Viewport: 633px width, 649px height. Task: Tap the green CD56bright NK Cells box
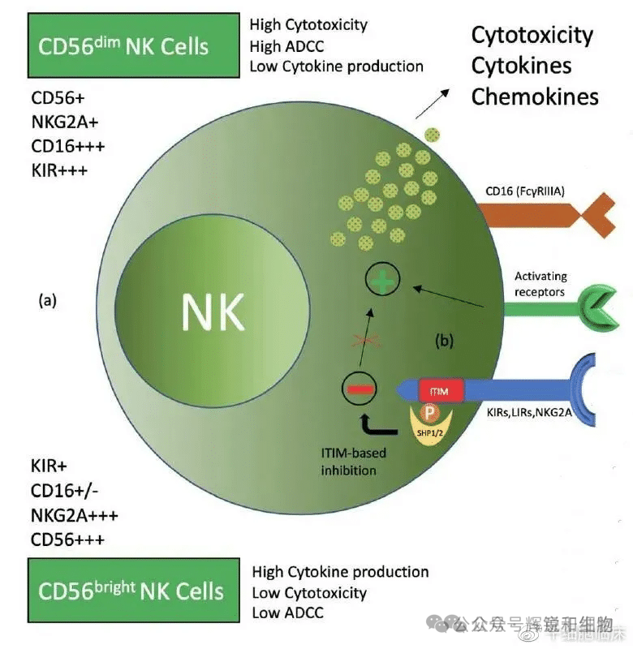tap(133, 590)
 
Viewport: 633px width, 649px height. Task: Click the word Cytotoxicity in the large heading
tap(532, 36)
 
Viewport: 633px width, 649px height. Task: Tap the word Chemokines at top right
tap(535, 97)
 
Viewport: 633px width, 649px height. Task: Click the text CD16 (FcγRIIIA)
tap(523, 191)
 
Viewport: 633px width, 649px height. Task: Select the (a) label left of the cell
tap(48, 300)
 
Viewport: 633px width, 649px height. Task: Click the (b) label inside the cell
tap(445, 341)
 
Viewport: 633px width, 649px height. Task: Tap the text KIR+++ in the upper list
tap(58, 171)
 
